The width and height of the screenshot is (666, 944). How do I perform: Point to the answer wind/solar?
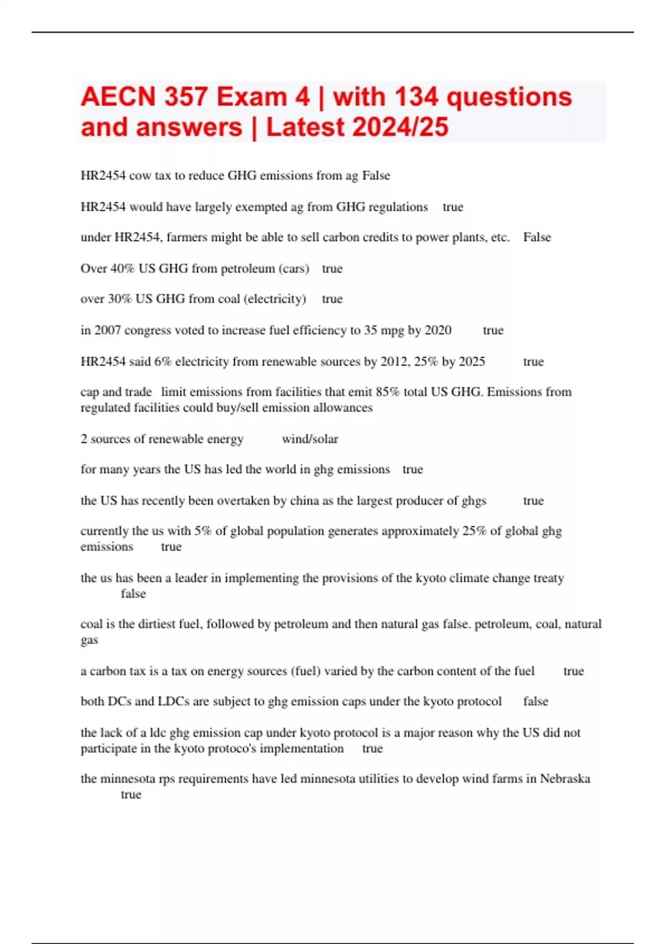point(310,439)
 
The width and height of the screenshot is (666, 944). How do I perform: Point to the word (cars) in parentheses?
point(294,269)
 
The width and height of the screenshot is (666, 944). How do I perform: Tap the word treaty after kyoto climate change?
point(548,578)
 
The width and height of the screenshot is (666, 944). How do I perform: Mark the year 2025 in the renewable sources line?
point(472,362)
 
